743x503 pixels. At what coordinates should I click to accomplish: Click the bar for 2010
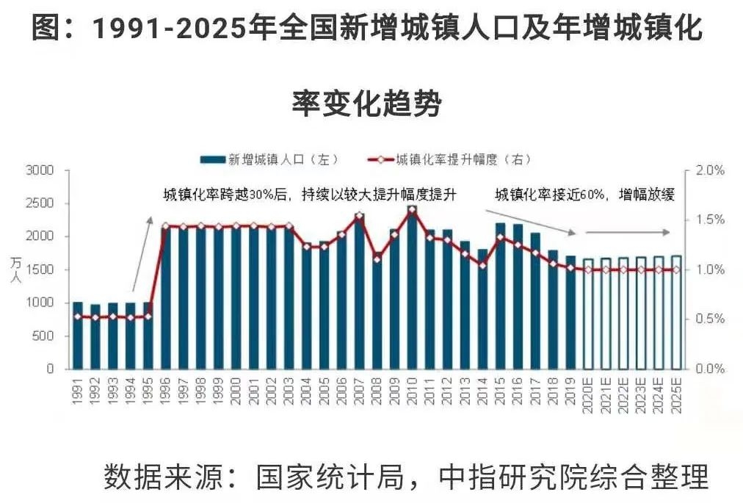pyautogui.click(x=412, y=290)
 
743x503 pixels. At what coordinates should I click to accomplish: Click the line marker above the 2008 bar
pyautogui.click(x=377, y=259)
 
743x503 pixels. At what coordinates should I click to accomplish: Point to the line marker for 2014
pyautogui.click(x=482, y=264)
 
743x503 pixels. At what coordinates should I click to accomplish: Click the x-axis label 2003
pyautogui.click(x=289, y=394)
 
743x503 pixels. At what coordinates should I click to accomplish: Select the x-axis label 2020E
pyautogui.click(x=588, y=397)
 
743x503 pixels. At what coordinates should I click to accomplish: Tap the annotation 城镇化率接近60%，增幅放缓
pyautogui.click(x=584, y=195)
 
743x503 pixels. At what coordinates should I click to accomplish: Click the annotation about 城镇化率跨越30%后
pyautogui.click(x=310, y=195)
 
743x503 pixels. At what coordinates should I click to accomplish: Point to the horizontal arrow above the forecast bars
pyautogui.click(x=628, y=232)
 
